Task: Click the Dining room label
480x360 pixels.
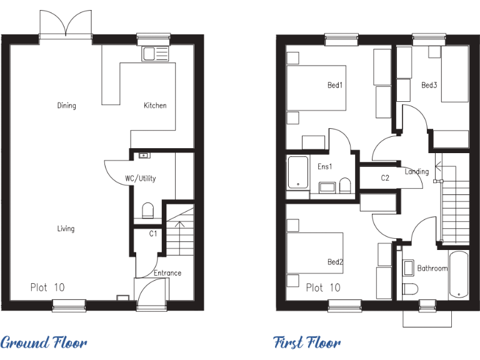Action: coord(66,106)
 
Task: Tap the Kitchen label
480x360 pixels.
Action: coord(155,106)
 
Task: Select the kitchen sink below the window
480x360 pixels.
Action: coord(153,54)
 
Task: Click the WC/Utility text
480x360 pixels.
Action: coord(140,179)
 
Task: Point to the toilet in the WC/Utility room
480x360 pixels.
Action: coord(148,211)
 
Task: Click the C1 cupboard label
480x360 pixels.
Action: coord(152,234)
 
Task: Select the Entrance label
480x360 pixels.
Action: coord(167,273)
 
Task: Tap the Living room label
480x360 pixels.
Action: coord(66,229)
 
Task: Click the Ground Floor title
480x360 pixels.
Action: coord(44,342)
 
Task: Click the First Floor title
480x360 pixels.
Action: coord(307,342)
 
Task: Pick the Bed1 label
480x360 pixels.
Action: coord(335,85)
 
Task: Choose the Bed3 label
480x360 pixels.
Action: coord(429,85)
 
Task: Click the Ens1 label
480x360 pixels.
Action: coord(324,167)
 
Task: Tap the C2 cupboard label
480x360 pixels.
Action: coord(385,178)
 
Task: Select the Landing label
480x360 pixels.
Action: coord(417,172)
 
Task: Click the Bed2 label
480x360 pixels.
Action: coord(335,262)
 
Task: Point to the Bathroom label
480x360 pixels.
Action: coord(432,269)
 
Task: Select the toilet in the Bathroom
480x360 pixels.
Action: coord(410,289)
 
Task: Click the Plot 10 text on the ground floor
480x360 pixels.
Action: coord(47,287)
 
